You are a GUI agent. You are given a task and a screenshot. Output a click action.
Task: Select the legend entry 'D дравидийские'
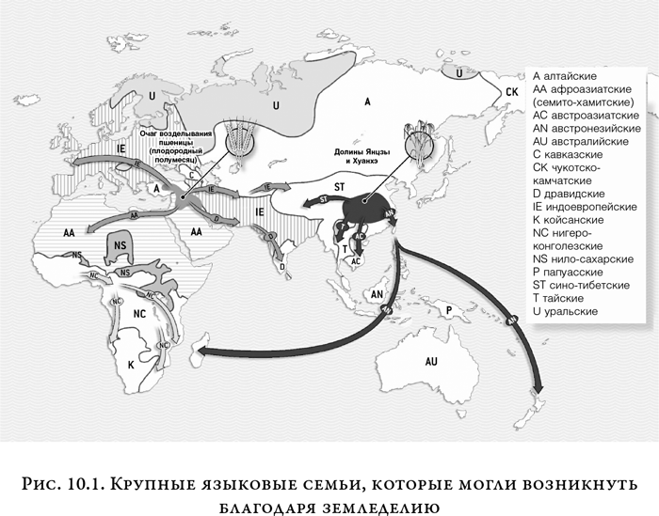coord(578,193)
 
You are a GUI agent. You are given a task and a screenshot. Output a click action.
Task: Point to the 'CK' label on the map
coord(512,91)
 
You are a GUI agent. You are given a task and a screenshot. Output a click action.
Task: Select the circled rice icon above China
coord(419,143)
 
